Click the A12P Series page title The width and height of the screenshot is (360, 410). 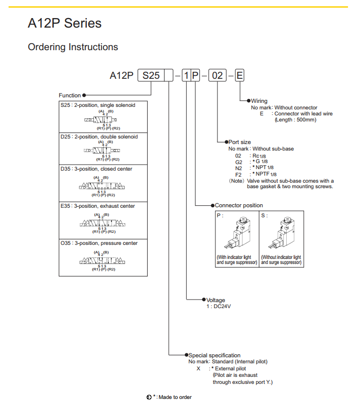click(65, 24)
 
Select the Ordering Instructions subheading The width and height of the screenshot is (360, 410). click(73, 47)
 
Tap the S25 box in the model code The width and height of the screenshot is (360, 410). click(151, 76)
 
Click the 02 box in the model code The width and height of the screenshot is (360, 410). click(217, 76)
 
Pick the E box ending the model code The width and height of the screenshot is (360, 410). click(239, 76)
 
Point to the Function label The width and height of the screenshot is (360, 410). click(69, 95)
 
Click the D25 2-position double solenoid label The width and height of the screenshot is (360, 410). click(99, 136)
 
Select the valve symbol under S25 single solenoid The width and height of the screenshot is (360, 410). click(100, 120)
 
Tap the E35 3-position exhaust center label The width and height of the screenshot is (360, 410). click(98, 206)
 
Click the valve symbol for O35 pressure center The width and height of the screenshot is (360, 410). click(103, 261)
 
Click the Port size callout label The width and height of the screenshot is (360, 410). click(239, 142)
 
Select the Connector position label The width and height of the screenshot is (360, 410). click(238, 205)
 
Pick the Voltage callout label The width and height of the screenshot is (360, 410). click(216, 300)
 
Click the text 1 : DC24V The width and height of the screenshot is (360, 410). click(219, 307)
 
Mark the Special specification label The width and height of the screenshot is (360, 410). click(214, 355)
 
